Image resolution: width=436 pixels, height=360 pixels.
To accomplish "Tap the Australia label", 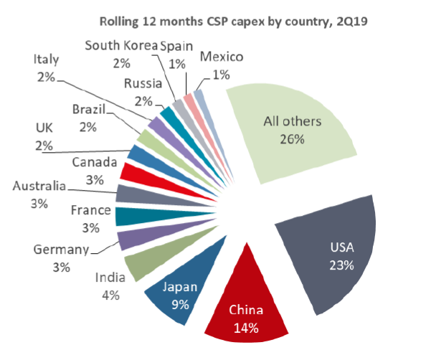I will pos(39,186).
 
